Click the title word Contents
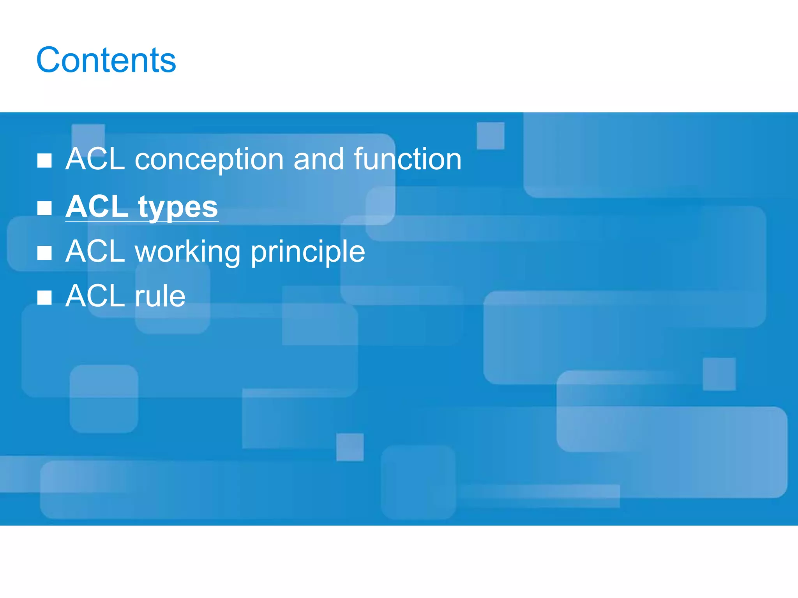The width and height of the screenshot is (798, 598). pyautogui.click(x=106, y=60)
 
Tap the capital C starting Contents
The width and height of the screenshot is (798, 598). pyautogui.click(x=48, y=60)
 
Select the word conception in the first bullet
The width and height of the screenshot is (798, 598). pyautogui.click(x=209, y=160)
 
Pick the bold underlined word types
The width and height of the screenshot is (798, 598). pyautogui.click(x=178, y=208)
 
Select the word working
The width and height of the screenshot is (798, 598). pyautogui.click(x=187, y=252)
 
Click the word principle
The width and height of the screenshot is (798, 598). pyautogui.click(x=308, y=252)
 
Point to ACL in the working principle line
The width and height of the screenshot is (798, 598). pyautogui.click(x=95, y=252)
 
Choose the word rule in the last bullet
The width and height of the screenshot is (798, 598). pyautogui.click(x=160, y=296)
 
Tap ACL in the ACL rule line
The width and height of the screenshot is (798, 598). pyautogui.click(x=95, y=296)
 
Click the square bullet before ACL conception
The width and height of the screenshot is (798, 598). pyautogui.click(x=44, y=160)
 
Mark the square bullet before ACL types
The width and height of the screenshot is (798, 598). pyautogui.click(x=44, y=208)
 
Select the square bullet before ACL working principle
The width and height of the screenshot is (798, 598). pyautogui.click(x=44, y=253)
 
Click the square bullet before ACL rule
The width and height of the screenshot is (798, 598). pyautogui.click(x=44, y=297)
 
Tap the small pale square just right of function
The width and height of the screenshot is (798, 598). pyautogui.click(x=491, y=135)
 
